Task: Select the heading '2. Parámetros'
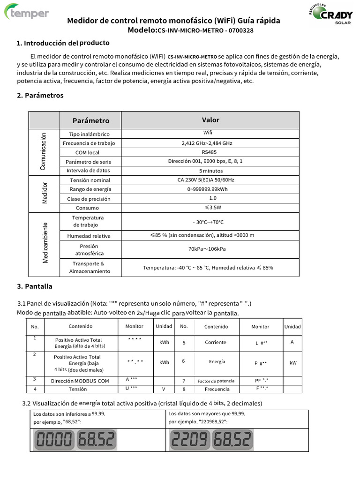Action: point(40,95)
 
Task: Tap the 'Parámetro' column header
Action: point(90,120)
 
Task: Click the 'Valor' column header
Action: point(210,120)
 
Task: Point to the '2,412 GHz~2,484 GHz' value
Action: point(207,143)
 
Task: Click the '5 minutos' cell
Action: point(210,171)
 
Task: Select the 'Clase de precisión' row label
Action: point(89,199)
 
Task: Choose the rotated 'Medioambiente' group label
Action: point(45,242)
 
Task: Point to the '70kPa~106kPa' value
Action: point(207,249)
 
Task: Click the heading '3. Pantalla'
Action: point(35,286)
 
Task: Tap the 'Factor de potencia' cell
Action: point(216,381)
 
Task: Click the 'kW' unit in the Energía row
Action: point(292,362)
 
